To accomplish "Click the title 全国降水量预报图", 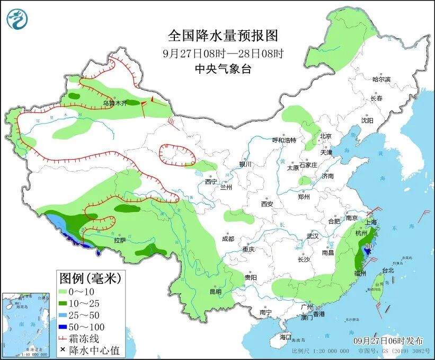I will tap(223, 36).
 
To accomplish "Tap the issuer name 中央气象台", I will tap(223, 68).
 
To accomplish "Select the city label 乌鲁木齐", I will tap(115, 104).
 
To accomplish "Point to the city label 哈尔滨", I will tap(381, 79).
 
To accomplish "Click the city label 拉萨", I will tap(119, 240).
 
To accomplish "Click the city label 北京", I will tap(325, 136).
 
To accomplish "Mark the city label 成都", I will tap(229, 239).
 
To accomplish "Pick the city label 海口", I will tap(286, 337).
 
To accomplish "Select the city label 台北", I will tap(388, 270).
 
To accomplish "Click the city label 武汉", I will tap(313, 236).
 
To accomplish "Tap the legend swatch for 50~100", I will tap(66, 327).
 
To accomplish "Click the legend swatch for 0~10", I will tap(66, 292).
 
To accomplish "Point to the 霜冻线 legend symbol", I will tap(66, 339).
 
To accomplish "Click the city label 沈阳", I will tap(367, 120).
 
